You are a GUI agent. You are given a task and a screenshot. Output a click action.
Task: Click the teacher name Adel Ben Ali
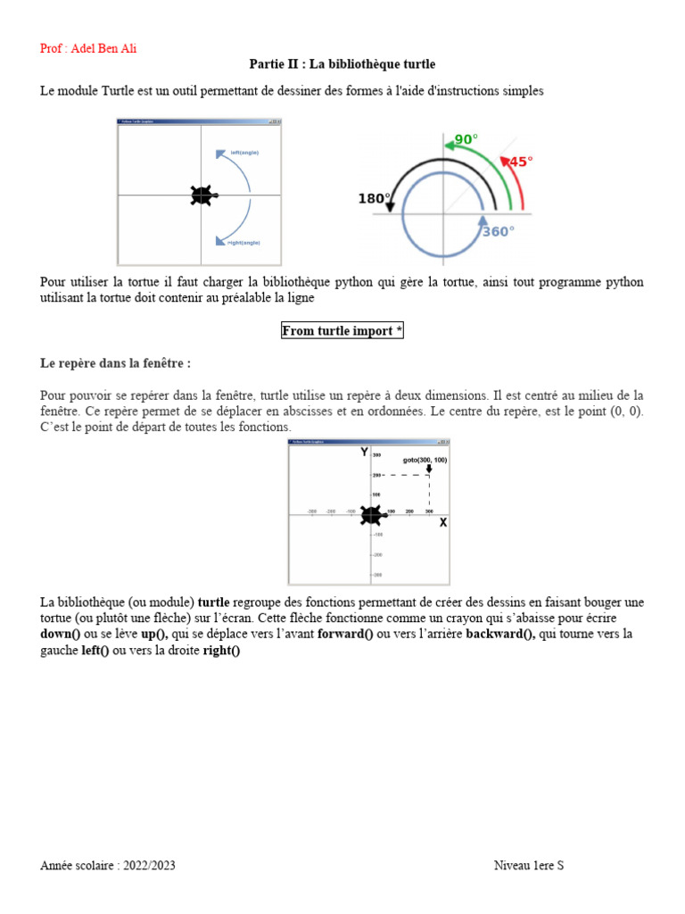click(88, 48)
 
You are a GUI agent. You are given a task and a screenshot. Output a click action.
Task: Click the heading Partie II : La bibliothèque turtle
click(342, 64)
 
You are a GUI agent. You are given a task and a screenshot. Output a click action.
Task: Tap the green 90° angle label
click(466, 139)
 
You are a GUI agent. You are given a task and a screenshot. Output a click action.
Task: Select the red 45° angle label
click(520, 162)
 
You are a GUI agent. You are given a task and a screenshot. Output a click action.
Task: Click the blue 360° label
click(498, 232)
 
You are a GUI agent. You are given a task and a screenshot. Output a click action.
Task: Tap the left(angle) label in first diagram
click(244, 153)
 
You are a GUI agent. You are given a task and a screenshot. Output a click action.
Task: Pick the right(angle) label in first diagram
click(244, 242)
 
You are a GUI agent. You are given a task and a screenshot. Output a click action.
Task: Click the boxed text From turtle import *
click(342, 331)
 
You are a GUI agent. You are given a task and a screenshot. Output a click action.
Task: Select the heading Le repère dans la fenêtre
click(116, 363)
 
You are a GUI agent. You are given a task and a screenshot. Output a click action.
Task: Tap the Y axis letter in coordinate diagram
click(364, 453)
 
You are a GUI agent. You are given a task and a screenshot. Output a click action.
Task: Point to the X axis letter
click(442, 523)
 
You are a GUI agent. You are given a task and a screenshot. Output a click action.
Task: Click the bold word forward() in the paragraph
click(345, 634)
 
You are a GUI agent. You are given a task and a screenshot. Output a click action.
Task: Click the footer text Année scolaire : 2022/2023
click(114, 866)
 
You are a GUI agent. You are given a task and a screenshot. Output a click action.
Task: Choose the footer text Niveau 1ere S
click(529, 866)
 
